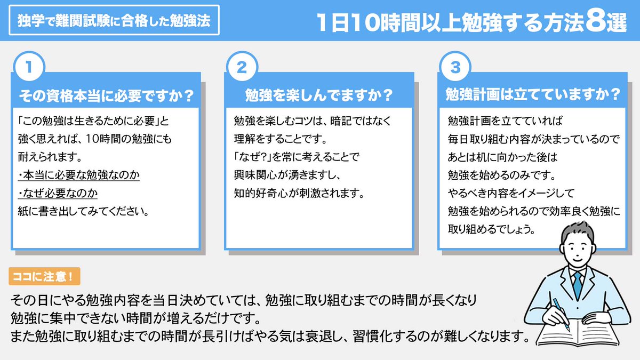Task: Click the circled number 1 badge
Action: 28,68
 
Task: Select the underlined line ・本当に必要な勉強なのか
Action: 78,175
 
